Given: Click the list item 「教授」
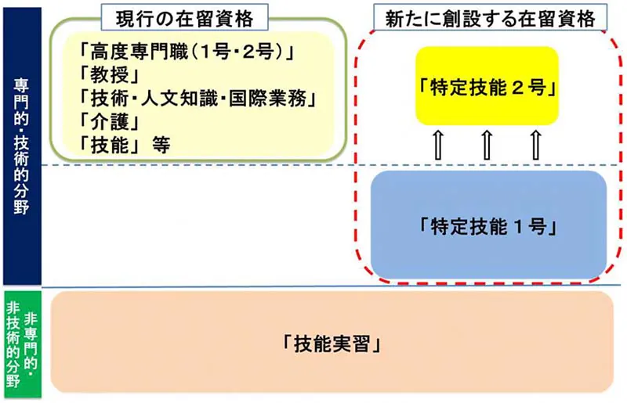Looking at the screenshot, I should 110,76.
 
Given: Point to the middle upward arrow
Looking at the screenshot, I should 486,146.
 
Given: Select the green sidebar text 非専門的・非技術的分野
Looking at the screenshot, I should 21,344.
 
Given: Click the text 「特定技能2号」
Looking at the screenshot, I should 487,86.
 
